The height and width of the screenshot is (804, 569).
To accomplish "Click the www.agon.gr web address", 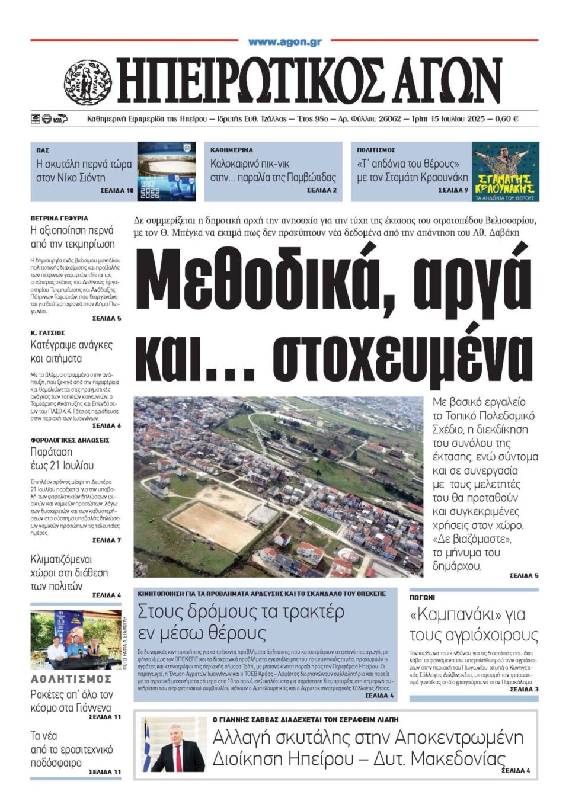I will point(284,42).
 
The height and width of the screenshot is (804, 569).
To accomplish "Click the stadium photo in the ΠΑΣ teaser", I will point(167,171).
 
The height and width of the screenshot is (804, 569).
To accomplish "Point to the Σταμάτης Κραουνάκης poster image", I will point(505,171).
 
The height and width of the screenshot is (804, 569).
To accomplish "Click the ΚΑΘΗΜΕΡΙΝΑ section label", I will point(231,150).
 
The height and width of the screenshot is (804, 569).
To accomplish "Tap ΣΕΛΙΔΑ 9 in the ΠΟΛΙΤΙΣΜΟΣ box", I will point(453,190).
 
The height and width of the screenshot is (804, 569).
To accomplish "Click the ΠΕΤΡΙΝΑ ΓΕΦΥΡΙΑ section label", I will point(59,218).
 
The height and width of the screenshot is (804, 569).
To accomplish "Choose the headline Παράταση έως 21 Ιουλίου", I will point(62,459).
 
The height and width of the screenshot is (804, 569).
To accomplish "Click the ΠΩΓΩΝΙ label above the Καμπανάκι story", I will point(422,598).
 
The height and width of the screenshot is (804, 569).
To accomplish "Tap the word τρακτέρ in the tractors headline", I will point(311,611).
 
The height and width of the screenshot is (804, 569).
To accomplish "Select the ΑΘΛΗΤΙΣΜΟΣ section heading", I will point(71,679).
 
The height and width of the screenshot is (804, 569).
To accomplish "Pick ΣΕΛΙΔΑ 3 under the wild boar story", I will point(524,689).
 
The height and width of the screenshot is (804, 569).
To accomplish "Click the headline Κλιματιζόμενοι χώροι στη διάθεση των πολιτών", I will point(69,572).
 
